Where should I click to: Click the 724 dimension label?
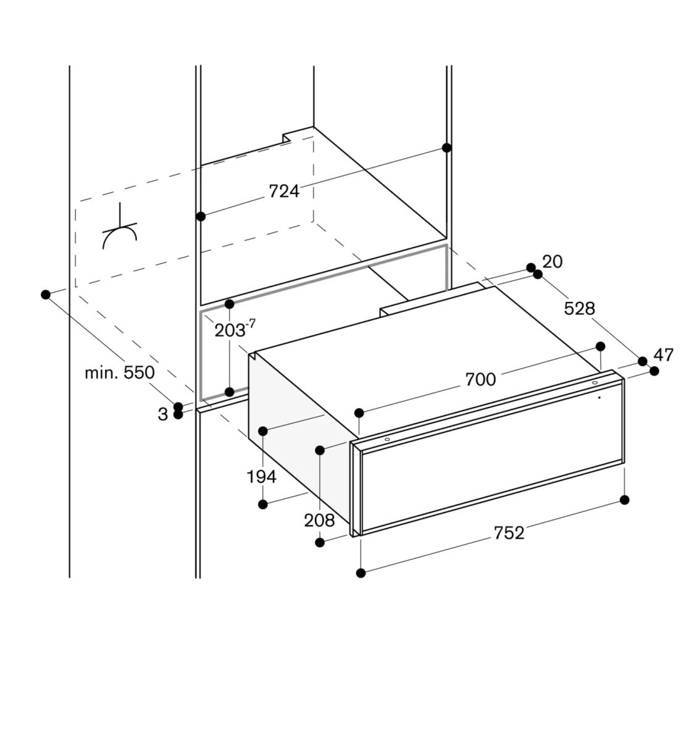pos(284,191)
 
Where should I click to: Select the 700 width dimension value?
pos(480,379)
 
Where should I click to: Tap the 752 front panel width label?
pos(509,532)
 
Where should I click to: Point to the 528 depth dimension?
pos(579,308)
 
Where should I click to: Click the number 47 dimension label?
pos(663,355)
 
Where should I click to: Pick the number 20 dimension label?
pos(553,262)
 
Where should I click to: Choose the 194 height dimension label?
pos(261,476)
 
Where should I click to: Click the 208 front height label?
pos(319,521)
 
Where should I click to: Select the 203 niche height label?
pos(231,330)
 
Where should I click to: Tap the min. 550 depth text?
pos(120,372)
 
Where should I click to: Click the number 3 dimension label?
pos(162,414)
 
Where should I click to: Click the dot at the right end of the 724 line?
pos(447,148)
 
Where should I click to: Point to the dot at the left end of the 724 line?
pos(200,216)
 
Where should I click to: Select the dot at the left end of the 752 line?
pos(361,573)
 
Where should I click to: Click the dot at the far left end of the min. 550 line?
pos(45,295)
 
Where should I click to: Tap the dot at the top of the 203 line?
pos(230,304)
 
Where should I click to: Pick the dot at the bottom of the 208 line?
pos(320,542)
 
